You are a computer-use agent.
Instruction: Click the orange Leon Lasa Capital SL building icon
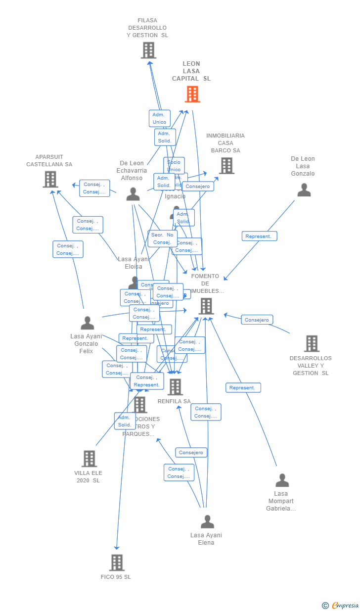tap(192, 94)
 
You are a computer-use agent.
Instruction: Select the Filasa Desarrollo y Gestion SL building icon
tap(148, 50)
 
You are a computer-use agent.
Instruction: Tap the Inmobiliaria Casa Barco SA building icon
tap(226, 166)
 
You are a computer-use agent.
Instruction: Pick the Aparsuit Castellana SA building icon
tap(50, 179)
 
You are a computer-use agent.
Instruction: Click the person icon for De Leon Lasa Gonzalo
tap(304, 190)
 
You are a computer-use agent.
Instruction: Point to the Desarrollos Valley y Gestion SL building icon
tap(312, 343)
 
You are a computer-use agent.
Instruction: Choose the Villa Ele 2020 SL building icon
tap(89, 459)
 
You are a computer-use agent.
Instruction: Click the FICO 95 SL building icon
tap(117, 563)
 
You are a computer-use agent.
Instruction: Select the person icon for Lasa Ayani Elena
tap(207, 521)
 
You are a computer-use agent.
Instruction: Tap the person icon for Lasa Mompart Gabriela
tap(282, 480)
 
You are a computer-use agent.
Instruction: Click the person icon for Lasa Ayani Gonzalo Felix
tap(88, 323)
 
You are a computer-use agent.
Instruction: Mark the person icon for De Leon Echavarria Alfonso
tap(133, 194)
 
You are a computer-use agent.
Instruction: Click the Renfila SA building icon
tap(175, 387)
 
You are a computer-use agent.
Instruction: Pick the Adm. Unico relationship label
tap(159, 118)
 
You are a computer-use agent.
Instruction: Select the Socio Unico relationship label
tap(174, 166)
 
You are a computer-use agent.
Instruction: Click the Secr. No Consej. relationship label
tap(162, 238)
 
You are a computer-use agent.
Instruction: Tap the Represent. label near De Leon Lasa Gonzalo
tap(259, 236)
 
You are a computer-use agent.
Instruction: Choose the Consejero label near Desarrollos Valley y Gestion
tap(257, 320)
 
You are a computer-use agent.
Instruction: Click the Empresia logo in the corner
tap(341, 605)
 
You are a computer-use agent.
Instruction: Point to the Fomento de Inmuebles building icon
tap(206, 306)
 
